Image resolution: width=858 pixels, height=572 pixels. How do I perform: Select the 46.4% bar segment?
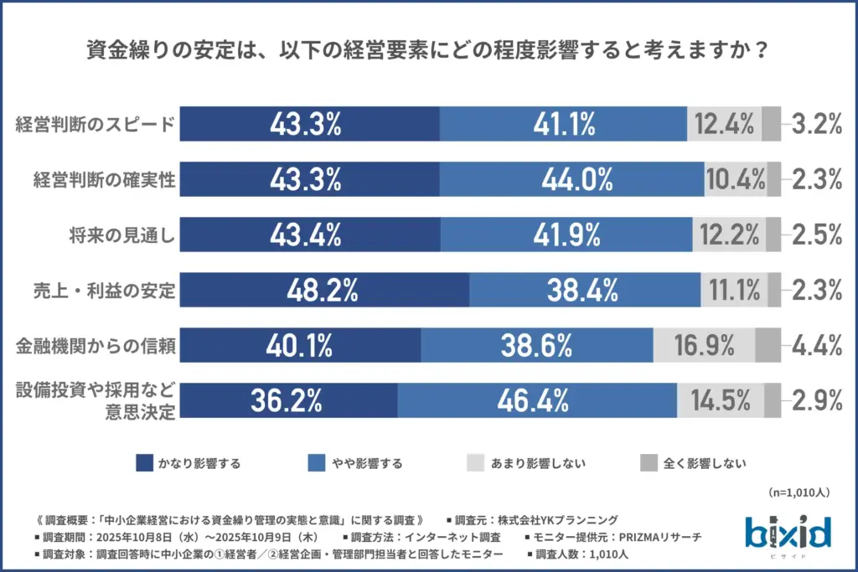[x=537, y=400]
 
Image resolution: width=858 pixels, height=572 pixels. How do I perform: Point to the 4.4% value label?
[x=816, y=345]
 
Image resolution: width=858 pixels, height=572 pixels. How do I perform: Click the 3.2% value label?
[x=816, y=125]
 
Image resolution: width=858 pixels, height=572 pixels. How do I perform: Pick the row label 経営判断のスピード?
[x=96, y=126]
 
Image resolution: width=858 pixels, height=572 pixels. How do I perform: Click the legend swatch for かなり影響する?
[x=143, y=462]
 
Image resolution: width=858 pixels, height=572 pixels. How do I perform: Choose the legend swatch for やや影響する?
[x=317, y=462]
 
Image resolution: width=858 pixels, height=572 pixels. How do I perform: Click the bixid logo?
[x=787, y=532]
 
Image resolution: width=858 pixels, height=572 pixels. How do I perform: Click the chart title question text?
[x=428, y=51]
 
